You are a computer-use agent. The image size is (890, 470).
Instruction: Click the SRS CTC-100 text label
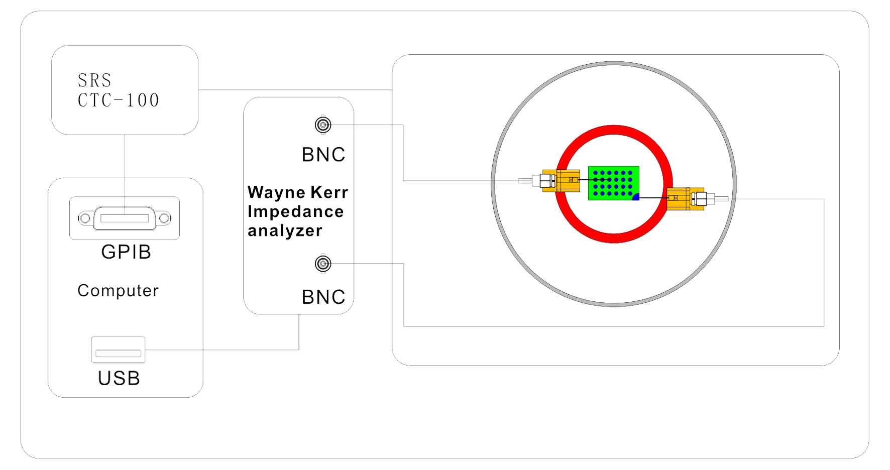[118, 90]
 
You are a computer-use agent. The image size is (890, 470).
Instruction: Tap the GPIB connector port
[125, 218]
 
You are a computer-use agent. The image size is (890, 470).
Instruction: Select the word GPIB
[126, 252]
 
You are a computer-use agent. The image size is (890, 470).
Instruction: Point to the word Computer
[118, 290]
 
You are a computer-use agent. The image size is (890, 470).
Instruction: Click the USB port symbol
[118, 349]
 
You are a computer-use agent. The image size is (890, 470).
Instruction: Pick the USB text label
[119, 378]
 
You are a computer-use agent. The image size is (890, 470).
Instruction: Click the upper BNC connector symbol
[323, 125]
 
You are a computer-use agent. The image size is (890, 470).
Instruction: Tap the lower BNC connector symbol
[323, 264]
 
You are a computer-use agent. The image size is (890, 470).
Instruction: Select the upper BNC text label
[323, 155]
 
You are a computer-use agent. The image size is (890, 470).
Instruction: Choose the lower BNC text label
[323, 297]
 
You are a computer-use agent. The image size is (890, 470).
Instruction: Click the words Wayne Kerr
[298, 192]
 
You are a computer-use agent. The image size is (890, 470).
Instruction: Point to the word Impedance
[296, 211]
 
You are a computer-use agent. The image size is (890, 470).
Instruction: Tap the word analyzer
[285, 230]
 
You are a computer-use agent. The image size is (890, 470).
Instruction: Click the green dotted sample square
[614, 183]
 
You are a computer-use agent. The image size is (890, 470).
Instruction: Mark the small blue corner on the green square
[636, 197]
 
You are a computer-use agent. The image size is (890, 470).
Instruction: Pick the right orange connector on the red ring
[686, 199]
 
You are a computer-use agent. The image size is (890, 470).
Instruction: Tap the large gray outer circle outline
[614, 63]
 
